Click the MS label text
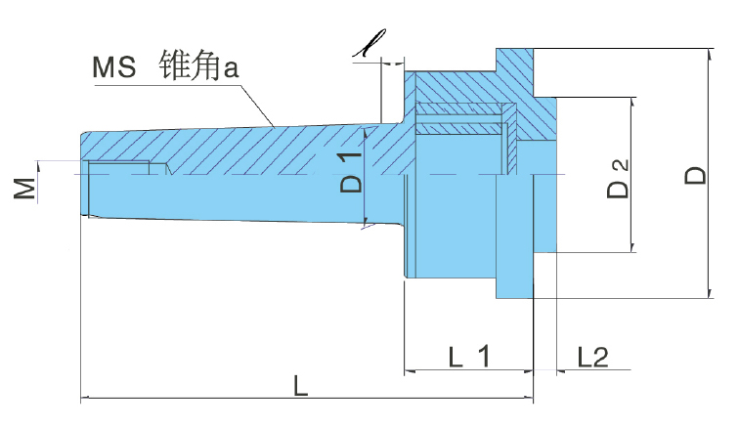(x=115, y=68)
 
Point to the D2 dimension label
(x=619, y=176)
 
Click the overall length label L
(x=301, y=387)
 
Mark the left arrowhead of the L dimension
(x=86, y=398)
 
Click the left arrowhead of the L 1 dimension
(x=410, y=372)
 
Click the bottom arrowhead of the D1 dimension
(x=364, y=222)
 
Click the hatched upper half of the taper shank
(x=244, y=147)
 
